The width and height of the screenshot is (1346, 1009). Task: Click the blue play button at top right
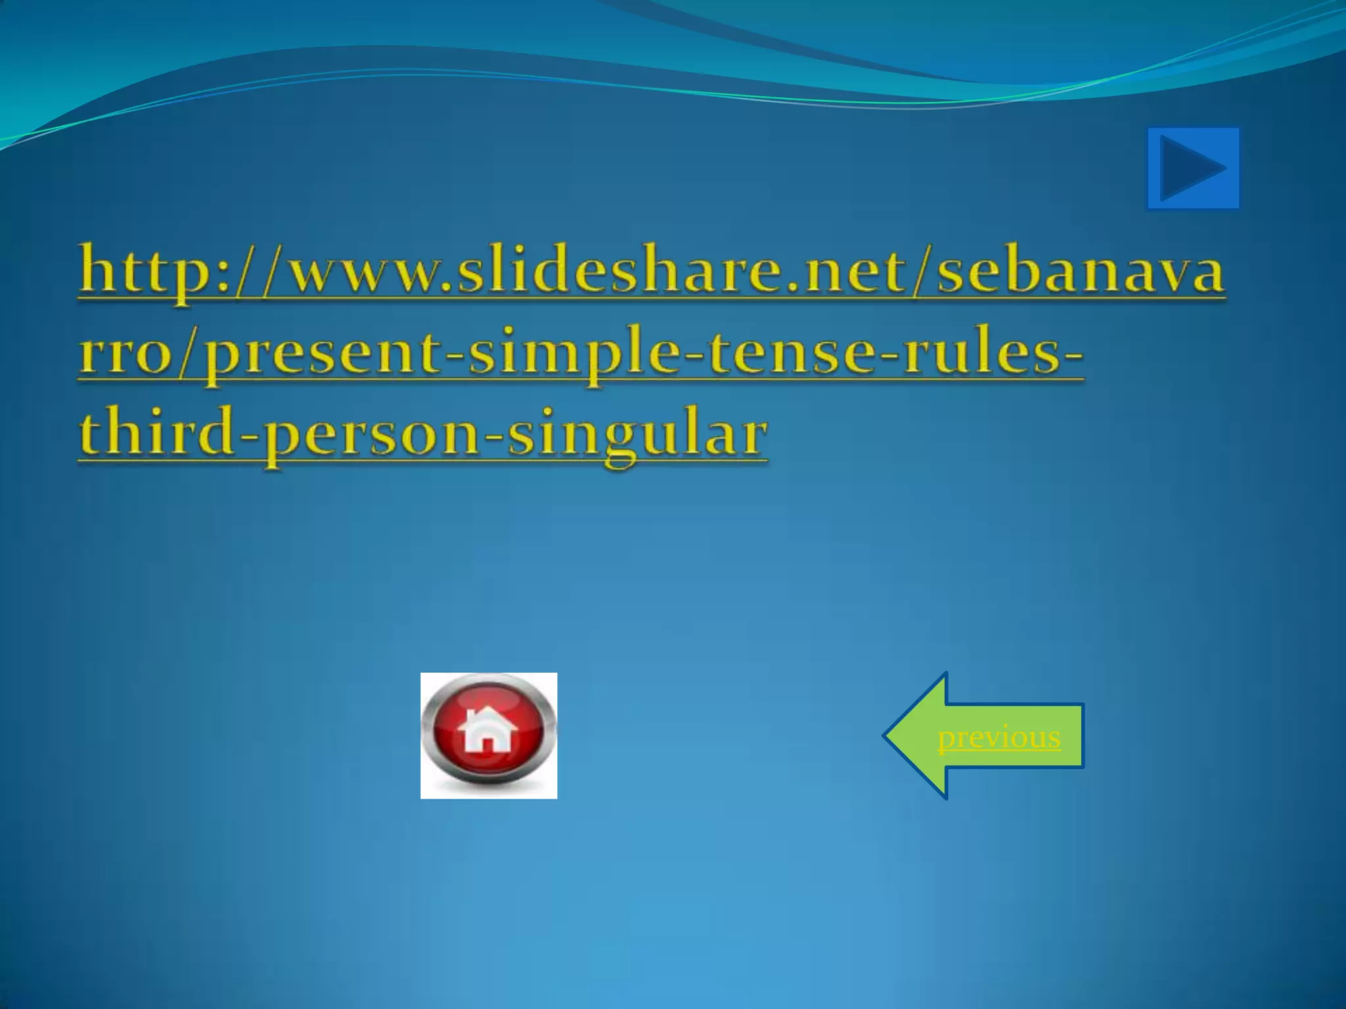click(x=1193, y=169)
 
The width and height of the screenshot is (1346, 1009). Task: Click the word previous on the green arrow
click(x=998, y=737)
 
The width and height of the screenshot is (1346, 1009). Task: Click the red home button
click(x=488, y=735)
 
